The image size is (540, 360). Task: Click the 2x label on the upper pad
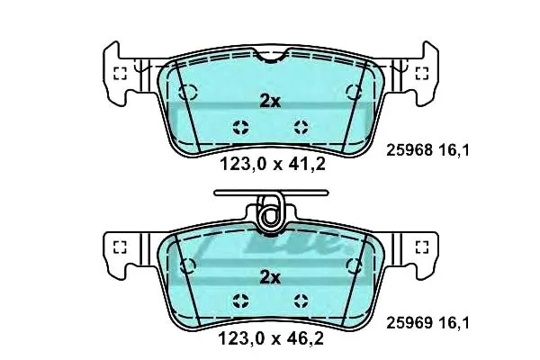click(270, 102)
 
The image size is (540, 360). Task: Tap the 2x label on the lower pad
click(270, 277)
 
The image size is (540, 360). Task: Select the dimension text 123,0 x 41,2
click(273, 164)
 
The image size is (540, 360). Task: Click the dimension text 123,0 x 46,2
click(271, 338)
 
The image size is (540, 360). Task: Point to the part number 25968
click(409, 150)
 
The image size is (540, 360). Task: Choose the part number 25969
click(409, 323)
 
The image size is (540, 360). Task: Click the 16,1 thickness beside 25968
click(454, 150)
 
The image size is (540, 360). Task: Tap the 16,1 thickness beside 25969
click(454, 323)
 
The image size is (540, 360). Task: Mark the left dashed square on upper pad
click(121, 74)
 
